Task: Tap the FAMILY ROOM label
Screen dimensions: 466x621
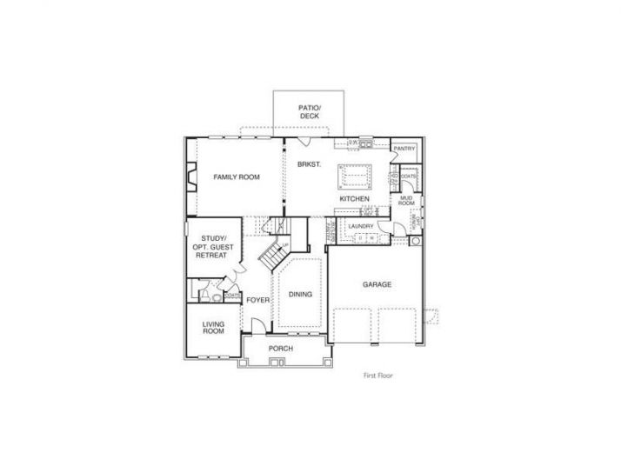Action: coord(237,177)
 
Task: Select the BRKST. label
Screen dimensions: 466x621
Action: coord(309,164)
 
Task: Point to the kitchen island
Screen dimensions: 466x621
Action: coord(355,176)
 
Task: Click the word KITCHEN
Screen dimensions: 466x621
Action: coord(355,199)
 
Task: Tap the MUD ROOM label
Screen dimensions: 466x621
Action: coord(405,201)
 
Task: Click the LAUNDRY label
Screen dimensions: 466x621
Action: coord(360,227)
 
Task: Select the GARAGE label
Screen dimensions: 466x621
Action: coord(377,284)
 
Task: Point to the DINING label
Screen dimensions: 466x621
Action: coord(300,295)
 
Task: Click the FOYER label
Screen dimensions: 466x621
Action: coord(257,300)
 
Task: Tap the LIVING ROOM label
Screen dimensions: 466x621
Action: coord(213,328)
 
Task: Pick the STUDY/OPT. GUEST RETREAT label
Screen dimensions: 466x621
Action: coord(213,247)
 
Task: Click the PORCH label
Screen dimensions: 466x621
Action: coord(280,349)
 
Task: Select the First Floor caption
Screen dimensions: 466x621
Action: coord(380,376)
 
